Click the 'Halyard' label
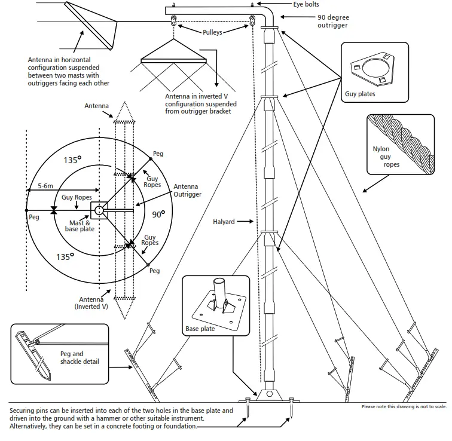225,222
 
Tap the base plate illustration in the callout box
216,303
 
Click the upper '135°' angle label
72,161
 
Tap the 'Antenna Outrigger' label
187,191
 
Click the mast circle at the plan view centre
99,210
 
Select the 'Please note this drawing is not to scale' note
404,407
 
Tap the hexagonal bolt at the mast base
270,394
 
